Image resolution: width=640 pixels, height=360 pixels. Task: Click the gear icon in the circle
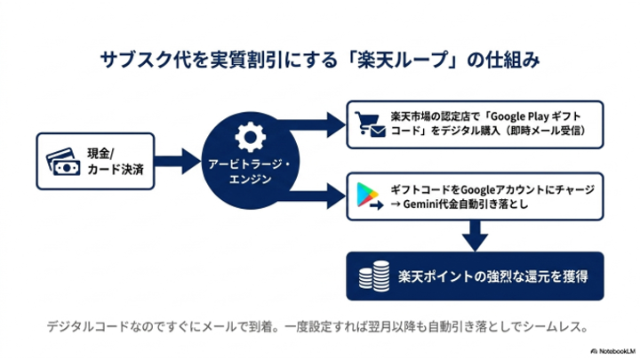250,137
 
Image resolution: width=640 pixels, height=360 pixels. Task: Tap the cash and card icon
63,162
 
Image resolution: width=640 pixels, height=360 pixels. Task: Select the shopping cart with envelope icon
370,124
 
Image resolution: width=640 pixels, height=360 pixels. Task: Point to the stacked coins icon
374,276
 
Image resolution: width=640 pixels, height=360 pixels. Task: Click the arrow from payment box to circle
177,161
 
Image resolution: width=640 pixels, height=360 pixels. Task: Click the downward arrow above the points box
475,236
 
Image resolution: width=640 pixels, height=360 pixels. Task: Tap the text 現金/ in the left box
100,154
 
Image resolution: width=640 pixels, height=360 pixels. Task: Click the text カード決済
116,170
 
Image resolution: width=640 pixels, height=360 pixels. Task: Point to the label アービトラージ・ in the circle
250,164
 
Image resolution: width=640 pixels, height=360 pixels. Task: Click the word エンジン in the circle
250,180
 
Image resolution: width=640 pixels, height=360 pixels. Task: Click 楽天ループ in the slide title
403,60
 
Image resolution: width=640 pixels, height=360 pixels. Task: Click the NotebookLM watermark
613,351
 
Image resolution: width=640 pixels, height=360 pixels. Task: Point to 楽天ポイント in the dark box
436,276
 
